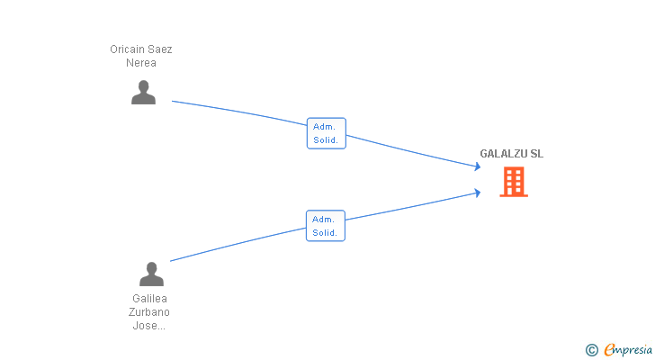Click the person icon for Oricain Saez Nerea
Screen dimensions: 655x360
(143, 93)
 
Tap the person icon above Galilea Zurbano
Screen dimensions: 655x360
(151, 274)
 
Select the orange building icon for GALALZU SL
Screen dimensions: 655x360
(514, 182)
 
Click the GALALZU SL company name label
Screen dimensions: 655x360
(511, 154)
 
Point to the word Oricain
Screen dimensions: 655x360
(127, 49)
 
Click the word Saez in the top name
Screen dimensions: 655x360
(159, 49)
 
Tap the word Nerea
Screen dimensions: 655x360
(141, 63)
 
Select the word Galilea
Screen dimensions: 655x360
(149, 299)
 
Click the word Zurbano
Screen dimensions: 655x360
(149, 312)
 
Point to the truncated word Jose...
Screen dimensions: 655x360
(148, 325)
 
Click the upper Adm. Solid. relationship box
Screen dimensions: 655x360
(327, 133)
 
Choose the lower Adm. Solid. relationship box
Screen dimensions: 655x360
(326, 226)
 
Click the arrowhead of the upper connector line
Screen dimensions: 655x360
(478, 166)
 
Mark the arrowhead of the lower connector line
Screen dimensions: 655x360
(478, 193)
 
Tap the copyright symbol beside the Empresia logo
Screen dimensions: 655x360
(591, 350)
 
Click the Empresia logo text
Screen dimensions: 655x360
(628, 349)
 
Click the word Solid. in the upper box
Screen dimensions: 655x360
(326, 139)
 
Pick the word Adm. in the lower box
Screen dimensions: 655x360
(323, 220)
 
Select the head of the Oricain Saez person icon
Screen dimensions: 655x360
(143, 86)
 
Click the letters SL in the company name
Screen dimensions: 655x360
(537, 154)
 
